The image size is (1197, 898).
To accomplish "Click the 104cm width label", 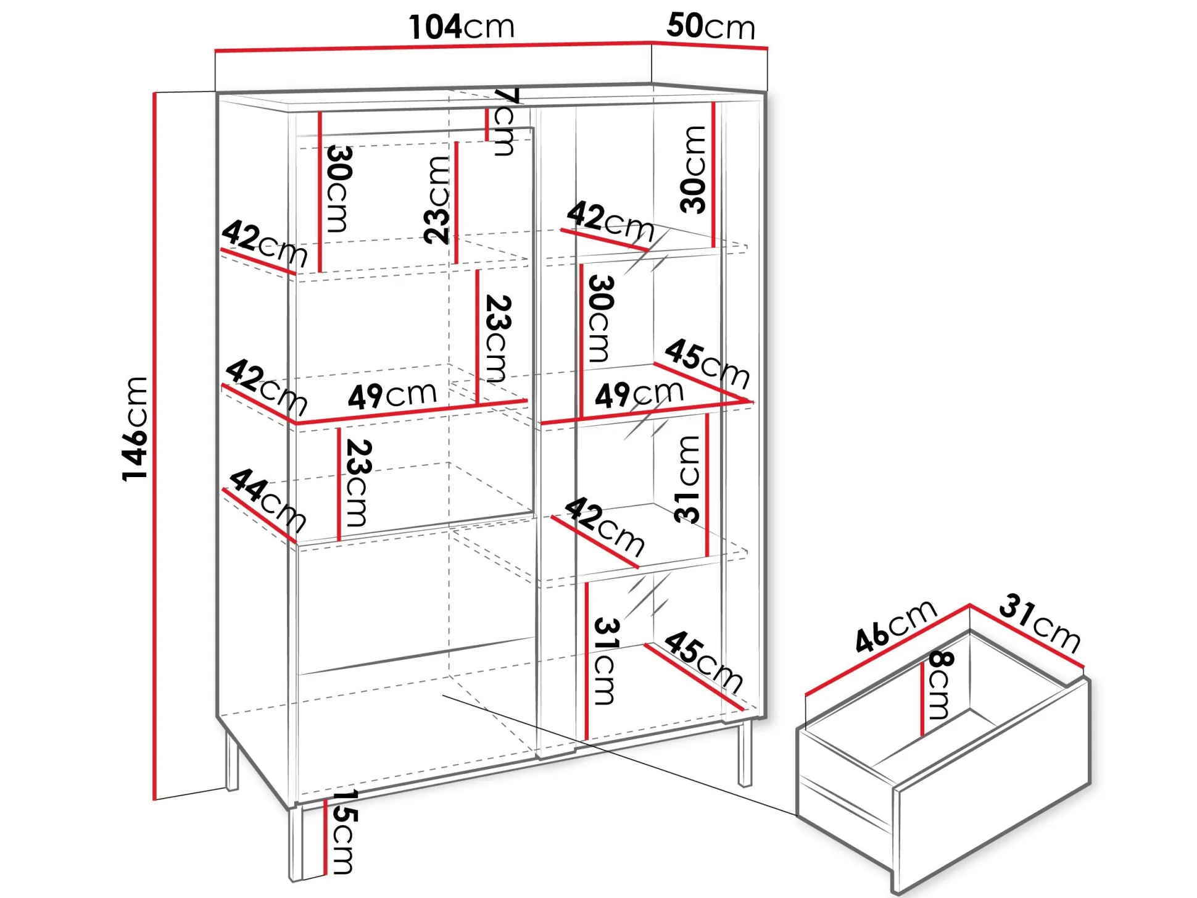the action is coord(461,27).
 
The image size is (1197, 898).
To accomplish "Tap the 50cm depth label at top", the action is coord(710,27).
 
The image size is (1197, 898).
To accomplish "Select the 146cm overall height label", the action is coord(135,428).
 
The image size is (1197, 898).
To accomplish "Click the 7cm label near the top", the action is coord(503,122).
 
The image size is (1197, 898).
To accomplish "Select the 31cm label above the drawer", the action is coord(1040,622).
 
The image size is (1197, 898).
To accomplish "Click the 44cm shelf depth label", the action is coord(267,500).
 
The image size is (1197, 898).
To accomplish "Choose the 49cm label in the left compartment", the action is coord(392,395).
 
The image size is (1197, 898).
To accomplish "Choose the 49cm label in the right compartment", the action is coord(639,393).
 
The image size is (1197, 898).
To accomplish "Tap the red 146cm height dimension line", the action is coord(154,446).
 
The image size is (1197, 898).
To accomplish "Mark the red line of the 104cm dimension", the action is coord(433,46).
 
